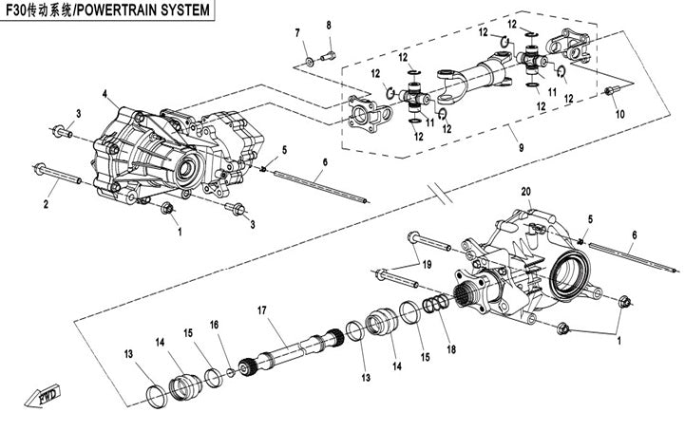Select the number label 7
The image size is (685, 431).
coord(296,34)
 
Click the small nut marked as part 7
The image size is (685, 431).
coord(310,63)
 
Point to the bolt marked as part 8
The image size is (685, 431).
coord(329,55)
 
